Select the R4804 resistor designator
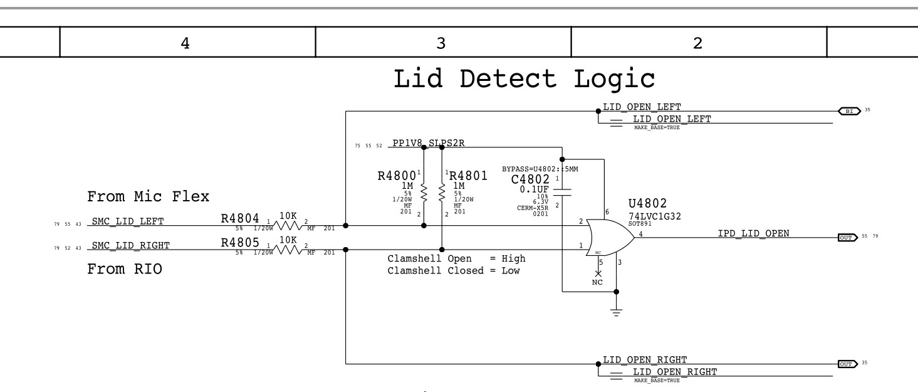(x=241, y=218)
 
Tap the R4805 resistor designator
(x=241, y=243)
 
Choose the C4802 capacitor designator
(x=530, y=181)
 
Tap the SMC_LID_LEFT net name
(x=128, y=221)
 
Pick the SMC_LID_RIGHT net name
(x=130, y=245)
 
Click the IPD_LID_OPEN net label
(x=753, y=234)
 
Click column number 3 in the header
(x=441, y=43)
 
